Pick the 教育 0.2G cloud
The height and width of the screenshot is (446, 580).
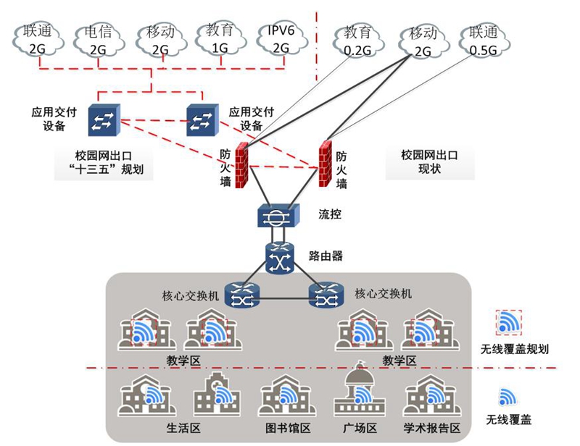[357, 41]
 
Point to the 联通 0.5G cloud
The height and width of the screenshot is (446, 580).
[484, 41]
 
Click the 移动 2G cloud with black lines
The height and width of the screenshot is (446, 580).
[423, 41]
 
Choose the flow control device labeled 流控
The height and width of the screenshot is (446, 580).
[278, 215]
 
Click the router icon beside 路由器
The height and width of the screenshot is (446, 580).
[278, 257]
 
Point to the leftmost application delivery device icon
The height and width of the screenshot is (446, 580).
[105, 119]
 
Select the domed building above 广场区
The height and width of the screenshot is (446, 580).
[357, 392]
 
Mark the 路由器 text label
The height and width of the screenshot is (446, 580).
[326, 256]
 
